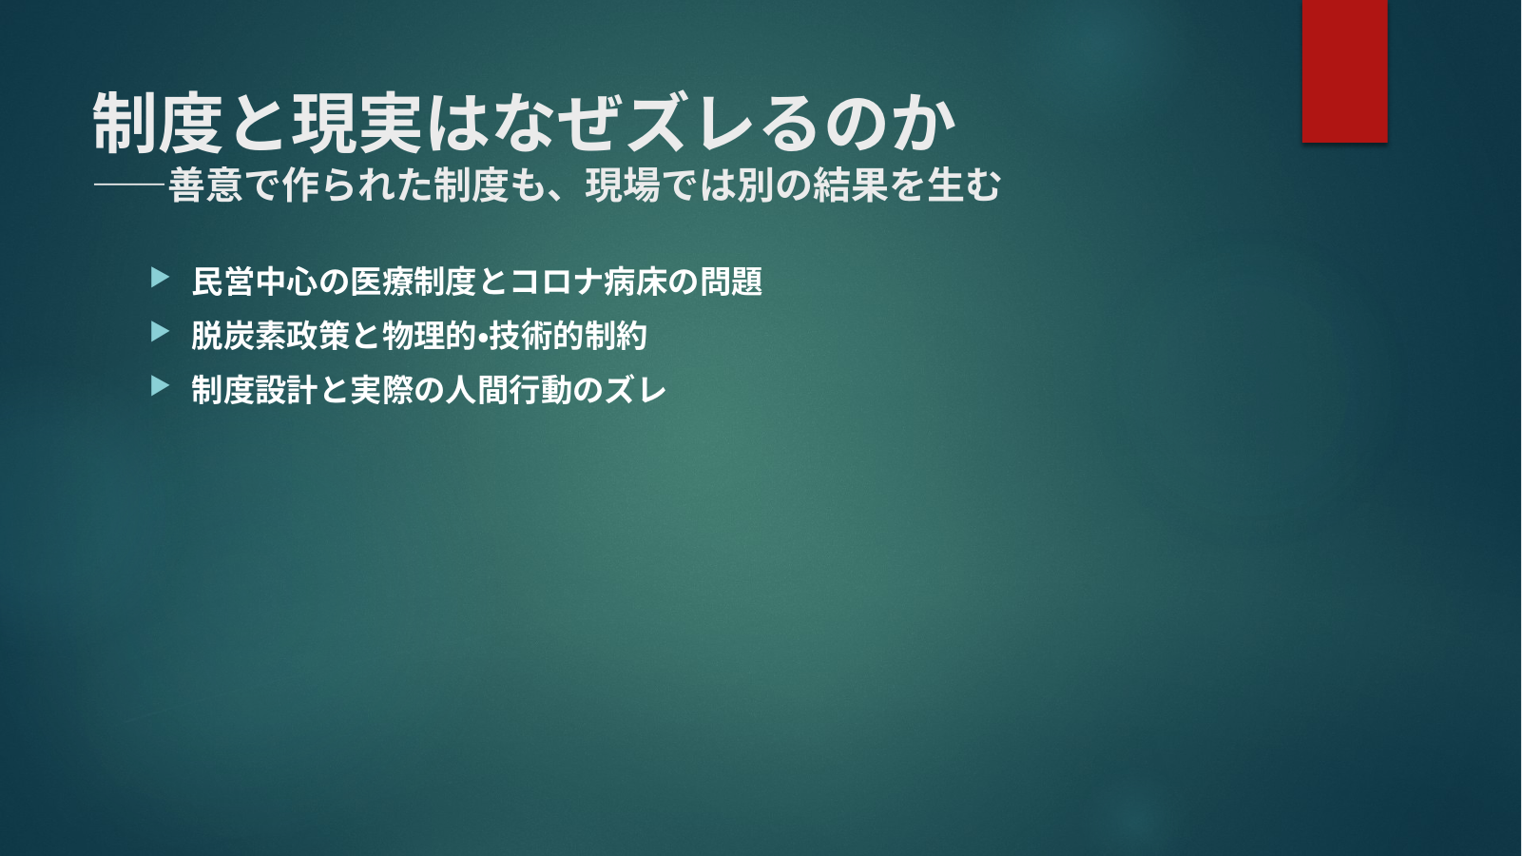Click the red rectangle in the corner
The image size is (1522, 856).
[1344, 70]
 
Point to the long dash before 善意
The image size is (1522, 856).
[130, 185]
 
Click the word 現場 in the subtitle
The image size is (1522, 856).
[623, 185]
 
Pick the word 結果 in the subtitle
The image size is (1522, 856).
[850, 185]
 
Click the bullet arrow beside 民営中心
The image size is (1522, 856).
[160, 277]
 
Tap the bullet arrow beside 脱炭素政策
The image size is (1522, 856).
[160, 332]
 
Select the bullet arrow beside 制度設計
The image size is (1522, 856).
[160, 385]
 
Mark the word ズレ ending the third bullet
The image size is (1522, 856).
[635, 390]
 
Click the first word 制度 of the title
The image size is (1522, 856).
[158, 123]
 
